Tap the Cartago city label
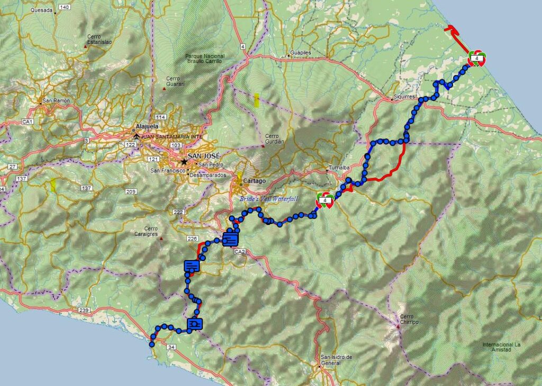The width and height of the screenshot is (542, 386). [x=254, y=181]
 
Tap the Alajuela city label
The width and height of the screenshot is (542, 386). [x=147, y=127]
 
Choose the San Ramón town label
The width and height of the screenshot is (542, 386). [x=57, y=100]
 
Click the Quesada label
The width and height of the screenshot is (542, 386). [x=42, y=10]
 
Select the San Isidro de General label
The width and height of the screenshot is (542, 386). [x=337, y=360]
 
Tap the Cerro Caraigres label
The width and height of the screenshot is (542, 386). [x=146, y=231]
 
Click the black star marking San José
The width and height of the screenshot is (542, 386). [x=184, y=161]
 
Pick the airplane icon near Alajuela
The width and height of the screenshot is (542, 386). [x=138, y=136]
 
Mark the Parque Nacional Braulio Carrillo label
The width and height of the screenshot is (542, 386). [x=205, y=58]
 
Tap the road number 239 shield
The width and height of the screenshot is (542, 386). [x=84, y=310]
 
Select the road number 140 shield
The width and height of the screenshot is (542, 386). [x=65, y=7]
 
